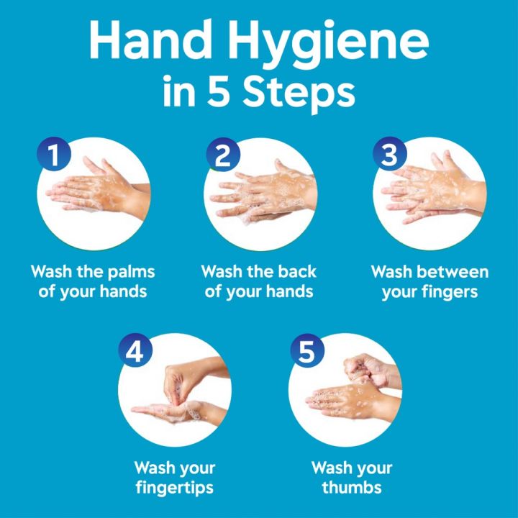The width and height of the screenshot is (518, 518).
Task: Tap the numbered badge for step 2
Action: [x=222, y=155]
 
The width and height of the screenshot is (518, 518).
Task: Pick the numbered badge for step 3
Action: [x=389, y=155]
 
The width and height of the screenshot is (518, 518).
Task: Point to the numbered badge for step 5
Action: [x=306, y=351]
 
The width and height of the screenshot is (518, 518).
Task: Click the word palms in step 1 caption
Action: [x=130, y=273]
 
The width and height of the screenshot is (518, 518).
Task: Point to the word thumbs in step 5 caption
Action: [x=352, y=488]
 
